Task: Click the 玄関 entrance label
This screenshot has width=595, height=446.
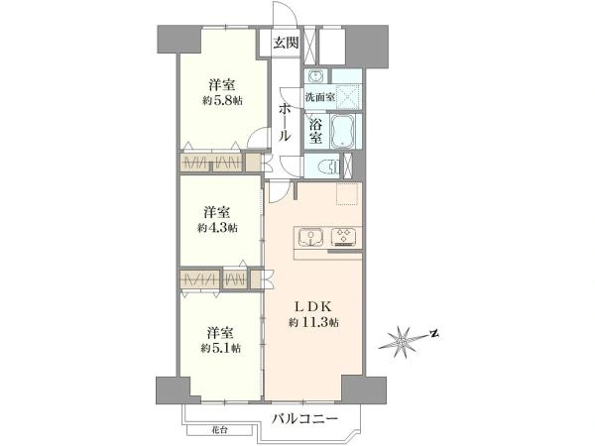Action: click(x=286, y=43)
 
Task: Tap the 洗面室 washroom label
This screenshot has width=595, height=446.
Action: click(x=320, y=97)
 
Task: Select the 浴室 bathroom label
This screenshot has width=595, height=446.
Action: click(x=315, y=131)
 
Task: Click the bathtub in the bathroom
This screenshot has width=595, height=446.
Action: click(x=343, y=131)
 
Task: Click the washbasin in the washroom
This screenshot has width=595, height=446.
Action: click(x=315, y=77)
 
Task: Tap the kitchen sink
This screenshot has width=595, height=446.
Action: click(x=310, y=237)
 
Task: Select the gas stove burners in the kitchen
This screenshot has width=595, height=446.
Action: click(x=343, y=236)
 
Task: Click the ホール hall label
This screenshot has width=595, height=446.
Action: click(x=285, y=123)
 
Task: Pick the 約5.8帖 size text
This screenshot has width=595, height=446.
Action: click(x=222, y=100)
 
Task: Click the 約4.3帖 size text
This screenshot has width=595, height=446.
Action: click(x=218, y=228)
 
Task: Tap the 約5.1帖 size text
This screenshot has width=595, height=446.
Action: click(x=220, y=348)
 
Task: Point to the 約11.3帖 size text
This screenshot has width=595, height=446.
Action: click(x=313, y=323)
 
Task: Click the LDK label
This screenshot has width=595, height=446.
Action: click(x=313, y=305)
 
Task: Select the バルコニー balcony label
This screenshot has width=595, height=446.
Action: click(x=305, y=419)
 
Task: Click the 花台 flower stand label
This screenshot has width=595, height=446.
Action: click(x=220, y=430)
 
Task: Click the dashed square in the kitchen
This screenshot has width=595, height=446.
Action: click(x=347, y=194)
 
